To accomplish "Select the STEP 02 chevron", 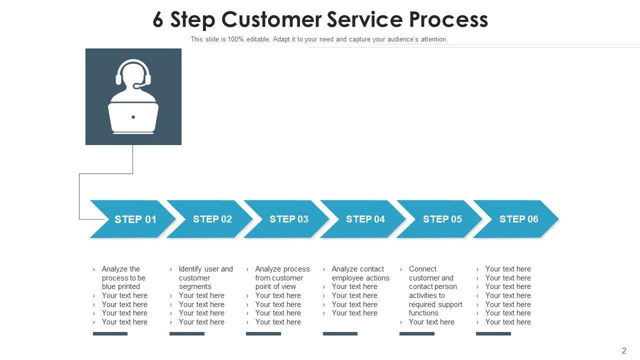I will [212, 219].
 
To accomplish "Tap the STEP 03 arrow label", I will [288, 219].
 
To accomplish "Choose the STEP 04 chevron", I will [365, 219].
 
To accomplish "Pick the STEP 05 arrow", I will [442, 219].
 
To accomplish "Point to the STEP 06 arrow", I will [518, 219].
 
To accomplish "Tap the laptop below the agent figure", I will [133, 118].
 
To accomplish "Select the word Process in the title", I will [448, 20].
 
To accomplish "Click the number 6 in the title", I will [158, 20].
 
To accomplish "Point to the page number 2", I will [624, 350].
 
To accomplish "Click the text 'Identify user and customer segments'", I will [205, 277].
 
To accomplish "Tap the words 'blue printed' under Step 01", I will [120, 286].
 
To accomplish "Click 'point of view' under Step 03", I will [275, 286].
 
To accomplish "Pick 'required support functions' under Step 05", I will [435, 308].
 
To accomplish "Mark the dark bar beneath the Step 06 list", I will [493, 333].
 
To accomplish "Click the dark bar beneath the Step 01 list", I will [110, 333].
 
